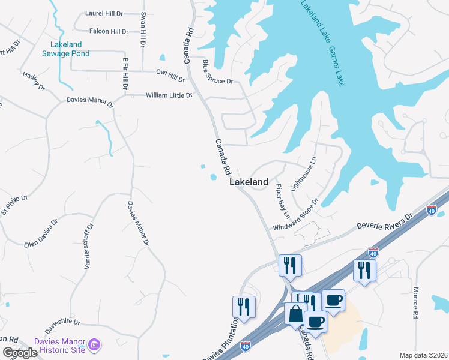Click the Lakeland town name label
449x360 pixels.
pyautogui.click(x=249, y=182)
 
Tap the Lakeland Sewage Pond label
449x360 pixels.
pyautogui.click(x=66, y=49)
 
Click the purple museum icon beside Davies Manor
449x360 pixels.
pyautogui.click(x=94, y=345)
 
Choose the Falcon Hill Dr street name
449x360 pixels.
pyautogui.click(x=108, y=31)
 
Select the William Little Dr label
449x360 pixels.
pyautogui.click(x=169, y=95)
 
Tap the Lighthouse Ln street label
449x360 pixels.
pyautogui.click(x=303, y=174)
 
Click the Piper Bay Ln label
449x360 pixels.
pyautogui.click(x=283, y=201)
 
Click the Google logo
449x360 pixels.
pyautogui.click(x=20, y=353)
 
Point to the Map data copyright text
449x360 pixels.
pyautogui.click(x=423, y=355)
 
